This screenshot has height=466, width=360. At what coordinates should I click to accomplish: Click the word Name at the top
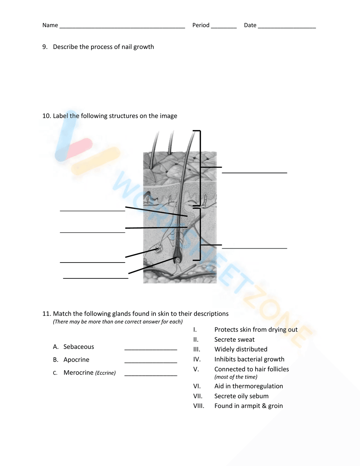click(x=50, y=25)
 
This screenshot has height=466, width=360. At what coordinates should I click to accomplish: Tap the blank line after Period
click(x=224, y=27)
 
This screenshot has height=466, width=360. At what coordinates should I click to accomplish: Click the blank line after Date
click(x=287, y=27)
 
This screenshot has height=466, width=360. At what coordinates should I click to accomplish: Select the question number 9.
click(x=45, y=47)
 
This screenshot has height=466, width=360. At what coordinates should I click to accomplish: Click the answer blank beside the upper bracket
click(x=254, y=172)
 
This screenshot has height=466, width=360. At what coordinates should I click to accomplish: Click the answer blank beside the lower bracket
click(x=254, y=247)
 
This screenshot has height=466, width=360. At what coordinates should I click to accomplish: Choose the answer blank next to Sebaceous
click(x=150, y=349)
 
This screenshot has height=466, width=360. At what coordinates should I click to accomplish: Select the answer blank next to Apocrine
click(x=150, y=362)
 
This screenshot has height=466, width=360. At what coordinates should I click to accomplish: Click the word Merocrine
click(x=78, y=373)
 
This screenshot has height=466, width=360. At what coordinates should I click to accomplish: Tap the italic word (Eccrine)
click(x=105, y=373)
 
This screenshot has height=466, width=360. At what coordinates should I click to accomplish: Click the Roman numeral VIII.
click(x=199, y=406)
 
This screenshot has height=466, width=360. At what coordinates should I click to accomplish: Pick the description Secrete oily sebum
click(x=241, y=396)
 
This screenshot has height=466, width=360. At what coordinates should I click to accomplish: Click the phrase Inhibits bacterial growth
click(x=249, y=359)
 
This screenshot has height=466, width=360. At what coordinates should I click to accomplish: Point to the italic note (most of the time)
click(x=236, y=377)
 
